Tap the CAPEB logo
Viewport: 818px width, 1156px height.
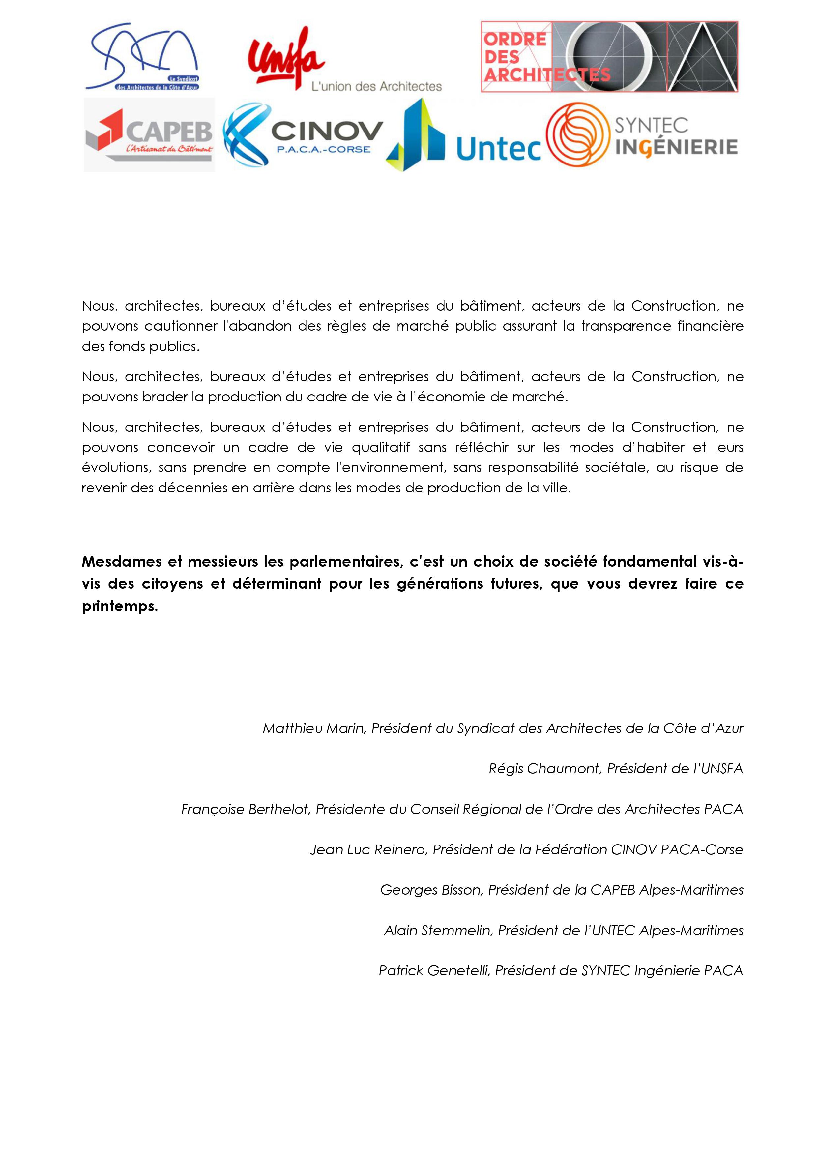point(149,135)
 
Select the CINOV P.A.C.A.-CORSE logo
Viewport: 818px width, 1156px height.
point(303,135)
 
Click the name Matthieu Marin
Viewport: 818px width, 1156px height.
point(313,728)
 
